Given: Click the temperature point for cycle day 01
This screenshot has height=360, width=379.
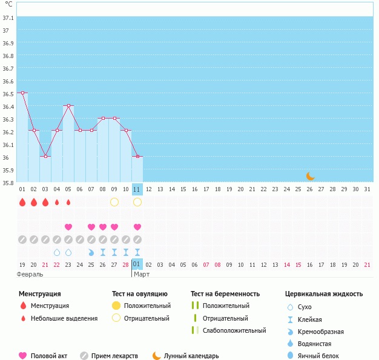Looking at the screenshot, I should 22,93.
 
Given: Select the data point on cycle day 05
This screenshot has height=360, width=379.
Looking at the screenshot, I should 68,105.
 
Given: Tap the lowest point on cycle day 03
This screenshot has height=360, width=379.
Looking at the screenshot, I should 45,156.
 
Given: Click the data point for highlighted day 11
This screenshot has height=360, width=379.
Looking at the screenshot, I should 137,157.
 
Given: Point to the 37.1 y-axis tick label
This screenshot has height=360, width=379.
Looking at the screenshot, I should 8,18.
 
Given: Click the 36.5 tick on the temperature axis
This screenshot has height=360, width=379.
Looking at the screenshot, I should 8,94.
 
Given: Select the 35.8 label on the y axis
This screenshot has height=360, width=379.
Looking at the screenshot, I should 8,182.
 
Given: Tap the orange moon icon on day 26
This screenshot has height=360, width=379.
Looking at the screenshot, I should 310,176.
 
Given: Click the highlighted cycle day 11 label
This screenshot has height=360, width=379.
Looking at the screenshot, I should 137,189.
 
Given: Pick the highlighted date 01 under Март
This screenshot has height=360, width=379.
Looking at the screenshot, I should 137,264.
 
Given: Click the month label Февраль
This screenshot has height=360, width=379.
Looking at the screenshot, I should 30,274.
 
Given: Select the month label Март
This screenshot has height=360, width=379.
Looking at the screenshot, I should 142,274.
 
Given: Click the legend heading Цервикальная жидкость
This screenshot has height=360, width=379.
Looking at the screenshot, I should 324,294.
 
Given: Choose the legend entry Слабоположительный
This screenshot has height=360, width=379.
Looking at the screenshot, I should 235,330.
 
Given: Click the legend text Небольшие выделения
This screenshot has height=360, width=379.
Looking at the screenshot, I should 64,318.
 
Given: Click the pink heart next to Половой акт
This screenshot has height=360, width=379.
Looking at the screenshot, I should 23,356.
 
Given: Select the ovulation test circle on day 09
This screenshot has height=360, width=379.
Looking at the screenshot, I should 114,201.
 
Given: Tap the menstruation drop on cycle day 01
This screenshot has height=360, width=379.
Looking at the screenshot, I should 22,201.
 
